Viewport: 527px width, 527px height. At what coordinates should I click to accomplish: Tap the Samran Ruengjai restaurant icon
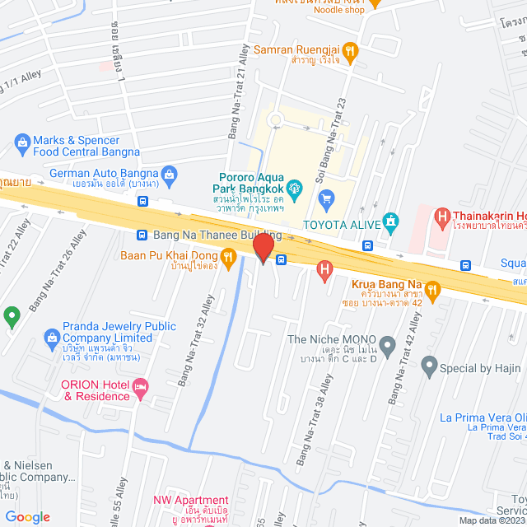pos(350,50)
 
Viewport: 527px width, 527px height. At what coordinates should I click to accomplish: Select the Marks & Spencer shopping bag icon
pos(21,145)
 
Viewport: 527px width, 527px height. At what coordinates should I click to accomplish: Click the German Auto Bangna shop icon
pos(169,173)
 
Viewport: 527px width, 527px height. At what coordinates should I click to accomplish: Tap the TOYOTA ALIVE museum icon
pos(390,222)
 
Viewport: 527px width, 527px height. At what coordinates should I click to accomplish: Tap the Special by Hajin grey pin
pos(428,364)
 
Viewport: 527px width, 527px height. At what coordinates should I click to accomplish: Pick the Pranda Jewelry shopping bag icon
pos(52,336)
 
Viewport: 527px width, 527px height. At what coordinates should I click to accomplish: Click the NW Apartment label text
pos(190,500)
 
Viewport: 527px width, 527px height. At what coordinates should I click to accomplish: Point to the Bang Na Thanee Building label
pos(217,236)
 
